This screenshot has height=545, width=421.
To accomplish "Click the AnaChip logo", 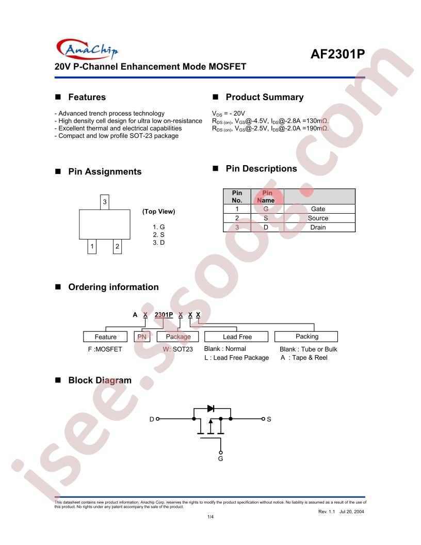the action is pyautogui.click(x=87, y=49).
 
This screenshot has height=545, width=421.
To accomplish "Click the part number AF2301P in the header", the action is pyautogui.click(x=337, y=54).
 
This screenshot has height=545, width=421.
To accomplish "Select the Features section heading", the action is pyautogui.click(x=87, y=97).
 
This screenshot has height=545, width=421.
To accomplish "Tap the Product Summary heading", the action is pyautogui.click(x=264, y=97).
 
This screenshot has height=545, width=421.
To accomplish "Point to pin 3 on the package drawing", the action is pyautogui.click(x=105, y=202).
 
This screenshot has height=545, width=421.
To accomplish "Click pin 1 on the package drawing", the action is pyautogui.click(x=92, y=246).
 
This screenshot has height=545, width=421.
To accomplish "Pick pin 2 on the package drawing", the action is pyautogui.click(x=118, y=246).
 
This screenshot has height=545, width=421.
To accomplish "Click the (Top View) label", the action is pyautogui.click(x=159, y=211).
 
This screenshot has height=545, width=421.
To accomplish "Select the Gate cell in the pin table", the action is pyautogui.click(x=318, y=209).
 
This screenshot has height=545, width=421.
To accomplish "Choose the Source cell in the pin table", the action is pyautogui.click(x=318, y=218).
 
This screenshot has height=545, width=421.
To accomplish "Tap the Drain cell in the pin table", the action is pyautogui.click(x=318, y=227).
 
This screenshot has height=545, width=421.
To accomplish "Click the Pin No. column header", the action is pyautogui.click(x=237, y=197).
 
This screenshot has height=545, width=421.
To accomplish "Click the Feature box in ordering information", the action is pyautogui.click(x=106, y=337).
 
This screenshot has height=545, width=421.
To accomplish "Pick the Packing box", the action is pyautogui.click(x=306, y=336).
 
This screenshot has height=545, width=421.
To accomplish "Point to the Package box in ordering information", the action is pyautogui.click(x=178, y=337).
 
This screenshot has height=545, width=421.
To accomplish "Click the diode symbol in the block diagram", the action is pyautogui.click(x=211, y=408).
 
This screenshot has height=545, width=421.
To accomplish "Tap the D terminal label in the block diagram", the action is pyautogui.click(x=152, y=420).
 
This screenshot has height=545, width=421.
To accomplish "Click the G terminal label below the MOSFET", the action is pyautogui.click(x=220, y=459).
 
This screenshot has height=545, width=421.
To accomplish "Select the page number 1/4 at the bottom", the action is pyautogui.click(x=211, y=517).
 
